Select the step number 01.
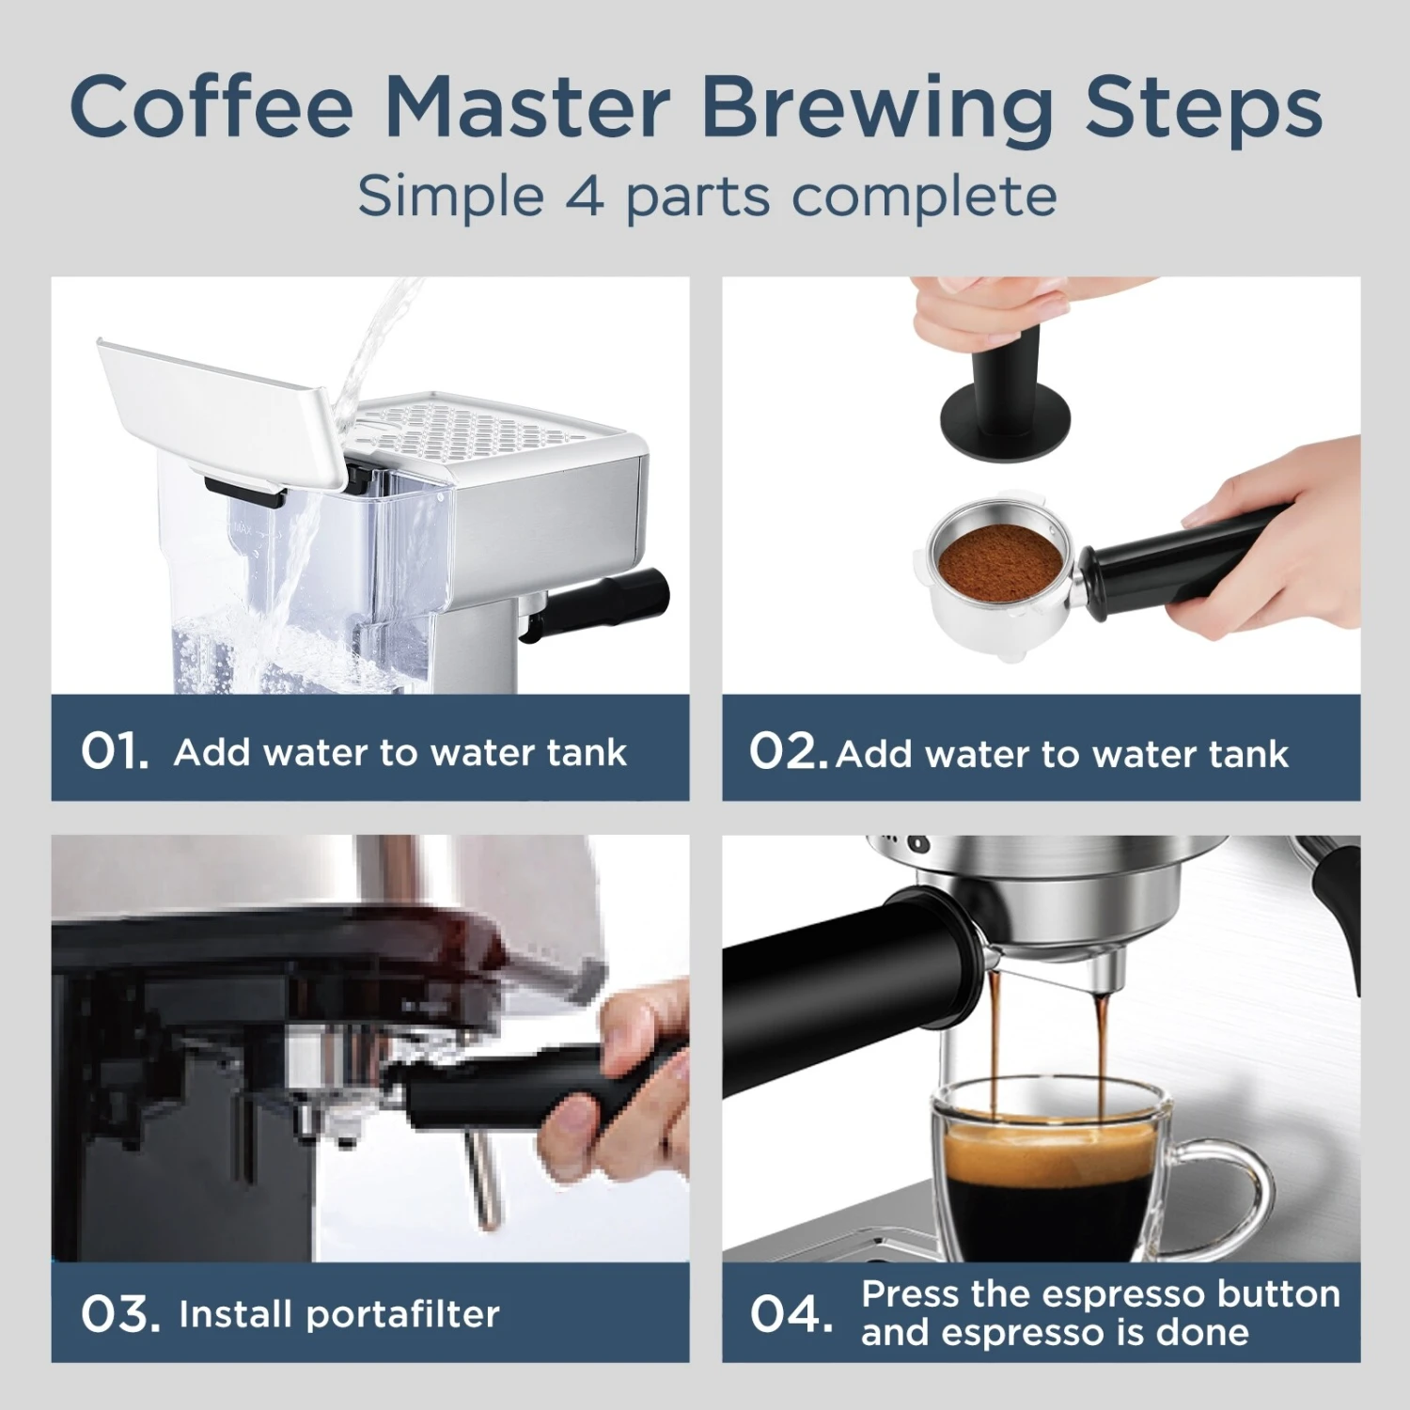point(115,751)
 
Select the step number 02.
point(788,751)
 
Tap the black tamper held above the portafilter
point(1006,395)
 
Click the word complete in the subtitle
point(923,197)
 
